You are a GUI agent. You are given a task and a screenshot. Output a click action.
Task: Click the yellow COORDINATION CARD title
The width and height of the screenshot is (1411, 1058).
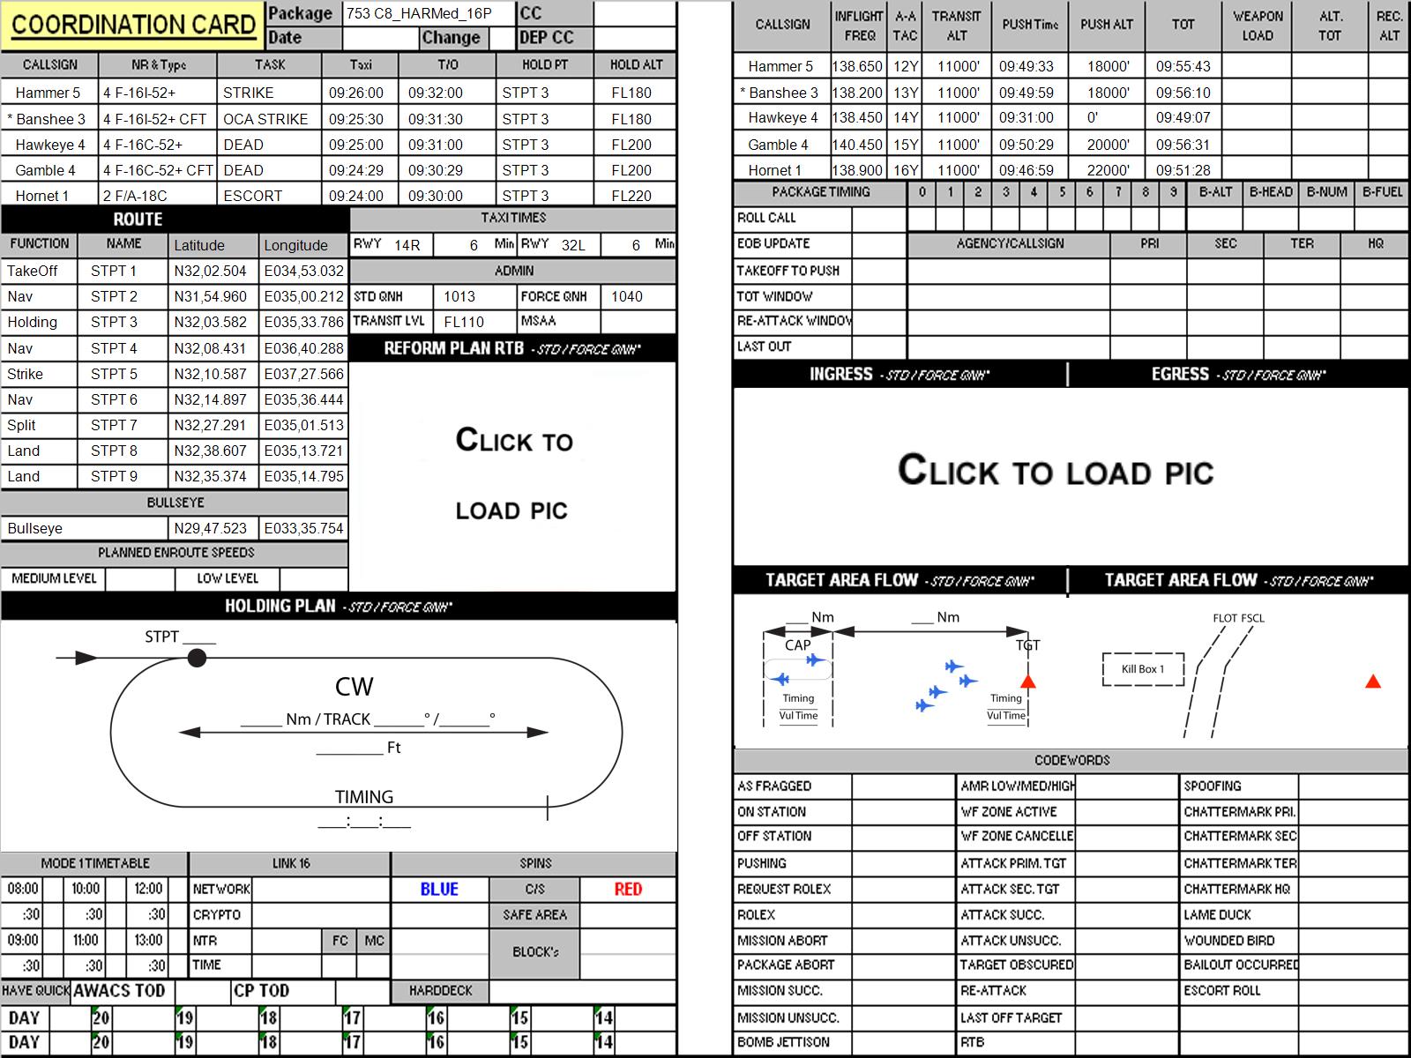click(133, 25)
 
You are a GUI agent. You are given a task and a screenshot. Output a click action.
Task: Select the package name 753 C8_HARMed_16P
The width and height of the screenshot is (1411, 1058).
click(419, 13)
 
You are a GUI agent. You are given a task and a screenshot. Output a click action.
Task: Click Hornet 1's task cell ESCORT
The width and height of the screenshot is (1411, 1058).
click(252, 196)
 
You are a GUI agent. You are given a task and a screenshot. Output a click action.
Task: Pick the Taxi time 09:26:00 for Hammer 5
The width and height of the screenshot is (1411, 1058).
click(356, 93)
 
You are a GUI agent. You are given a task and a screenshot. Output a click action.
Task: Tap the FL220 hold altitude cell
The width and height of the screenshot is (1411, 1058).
click(631, 196)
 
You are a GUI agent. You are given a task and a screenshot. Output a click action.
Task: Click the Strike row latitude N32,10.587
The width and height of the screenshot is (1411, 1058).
click(210, 374)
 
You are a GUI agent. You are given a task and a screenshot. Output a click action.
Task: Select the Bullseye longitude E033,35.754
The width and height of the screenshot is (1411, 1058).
click(303, 528)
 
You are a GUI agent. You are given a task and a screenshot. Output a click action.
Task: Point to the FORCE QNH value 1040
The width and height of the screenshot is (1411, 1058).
click(627, 297)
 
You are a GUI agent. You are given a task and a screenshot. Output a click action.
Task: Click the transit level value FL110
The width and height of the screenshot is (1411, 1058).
click(464, 322)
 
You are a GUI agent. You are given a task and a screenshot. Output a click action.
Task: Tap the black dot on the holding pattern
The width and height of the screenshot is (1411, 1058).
click(197, 658)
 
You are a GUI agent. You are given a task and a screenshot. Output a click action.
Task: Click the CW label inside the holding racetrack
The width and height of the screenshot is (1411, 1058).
click(355, 687)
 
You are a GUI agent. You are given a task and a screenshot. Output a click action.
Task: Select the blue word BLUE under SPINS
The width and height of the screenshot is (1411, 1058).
click(439, 889)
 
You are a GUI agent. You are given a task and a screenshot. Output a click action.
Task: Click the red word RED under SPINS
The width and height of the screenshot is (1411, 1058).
click(628, 889)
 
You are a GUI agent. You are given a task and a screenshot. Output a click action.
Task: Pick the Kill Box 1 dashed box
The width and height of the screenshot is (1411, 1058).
click(1143, 669)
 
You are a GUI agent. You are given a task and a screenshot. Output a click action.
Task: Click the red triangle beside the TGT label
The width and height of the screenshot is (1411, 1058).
click(1028, 681)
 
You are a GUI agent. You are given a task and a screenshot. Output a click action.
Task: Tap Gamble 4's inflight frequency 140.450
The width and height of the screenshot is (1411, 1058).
click(857, 145)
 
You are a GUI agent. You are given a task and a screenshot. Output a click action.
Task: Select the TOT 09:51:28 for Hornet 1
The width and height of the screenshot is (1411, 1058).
click(1183, 171)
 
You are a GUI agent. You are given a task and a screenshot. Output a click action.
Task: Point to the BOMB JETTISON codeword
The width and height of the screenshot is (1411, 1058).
click(783, 1042)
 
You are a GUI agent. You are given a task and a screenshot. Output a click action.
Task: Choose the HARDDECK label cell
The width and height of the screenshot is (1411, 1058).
click(440, 990)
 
